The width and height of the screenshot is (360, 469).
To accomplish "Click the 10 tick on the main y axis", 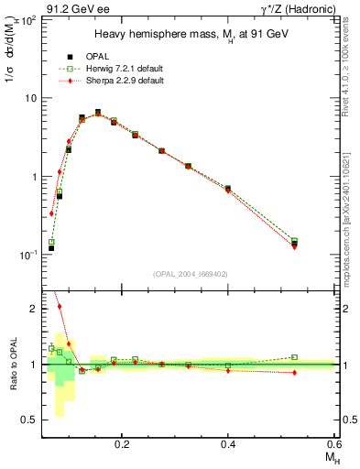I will (35, 98).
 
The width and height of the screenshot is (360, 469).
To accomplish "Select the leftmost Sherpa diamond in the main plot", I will (52, 213).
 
